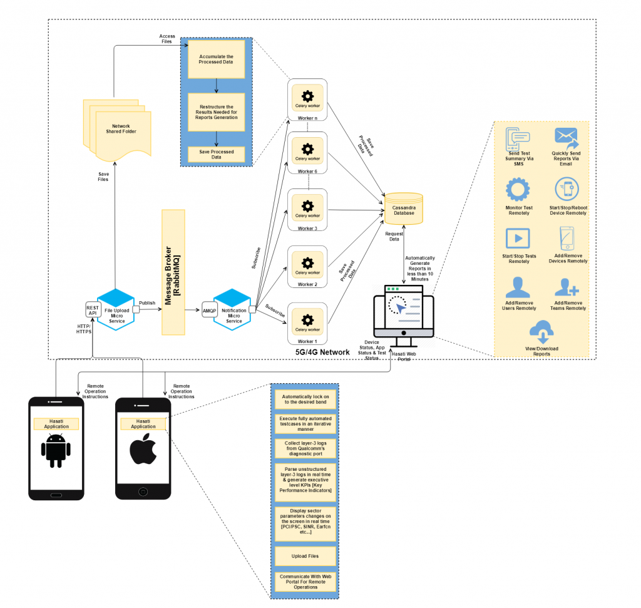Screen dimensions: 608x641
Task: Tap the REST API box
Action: [93, 310]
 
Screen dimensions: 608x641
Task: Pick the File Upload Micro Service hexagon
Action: [116, 307]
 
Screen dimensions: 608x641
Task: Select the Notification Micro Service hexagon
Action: [232, 307]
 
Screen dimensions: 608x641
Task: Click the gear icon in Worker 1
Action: [307, 319]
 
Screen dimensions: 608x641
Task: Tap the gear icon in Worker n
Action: [307, 96]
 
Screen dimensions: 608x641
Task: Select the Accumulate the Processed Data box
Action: [216, 60]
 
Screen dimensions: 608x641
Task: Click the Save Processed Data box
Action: [216, 155]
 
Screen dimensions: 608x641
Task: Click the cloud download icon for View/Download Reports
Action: [541, 331]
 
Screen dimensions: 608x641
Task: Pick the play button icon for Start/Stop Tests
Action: [518, 239]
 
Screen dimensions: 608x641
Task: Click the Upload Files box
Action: [305, 555]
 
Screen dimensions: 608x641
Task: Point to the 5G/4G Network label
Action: [322, 353]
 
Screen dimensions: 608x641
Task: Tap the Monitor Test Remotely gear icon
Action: [518, 190]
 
